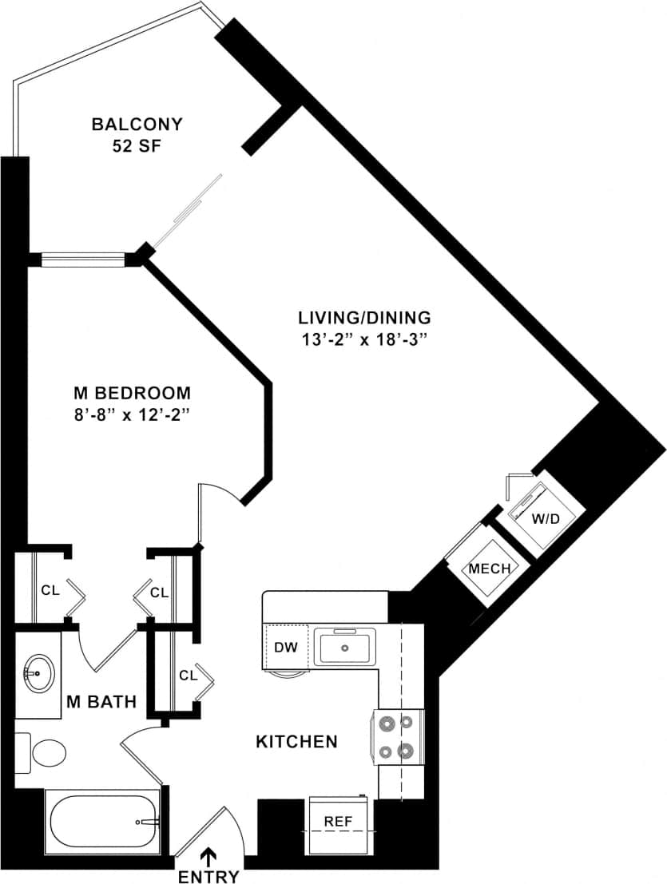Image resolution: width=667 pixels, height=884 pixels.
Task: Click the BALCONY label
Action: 137,125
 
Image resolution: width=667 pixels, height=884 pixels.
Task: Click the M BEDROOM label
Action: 132,393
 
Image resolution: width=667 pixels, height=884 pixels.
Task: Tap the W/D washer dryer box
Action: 545,518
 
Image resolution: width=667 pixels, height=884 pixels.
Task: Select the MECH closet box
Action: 488,569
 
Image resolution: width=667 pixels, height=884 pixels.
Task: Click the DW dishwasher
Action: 285,647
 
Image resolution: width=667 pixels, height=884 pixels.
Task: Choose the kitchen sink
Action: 345,647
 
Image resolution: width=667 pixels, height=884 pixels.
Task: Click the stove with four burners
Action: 397,737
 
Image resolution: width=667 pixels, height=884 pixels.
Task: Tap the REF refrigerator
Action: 339,821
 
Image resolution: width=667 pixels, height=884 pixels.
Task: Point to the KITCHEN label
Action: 296,742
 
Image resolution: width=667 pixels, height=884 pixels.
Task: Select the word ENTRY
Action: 208,877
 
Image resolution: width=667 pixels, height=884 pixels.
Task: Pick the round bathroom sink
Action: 37,673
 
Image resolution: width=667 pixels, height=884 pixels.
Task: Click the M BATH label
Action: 101,703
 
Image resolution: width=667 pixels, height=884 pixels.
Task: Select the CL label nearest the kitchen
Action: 188,676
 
